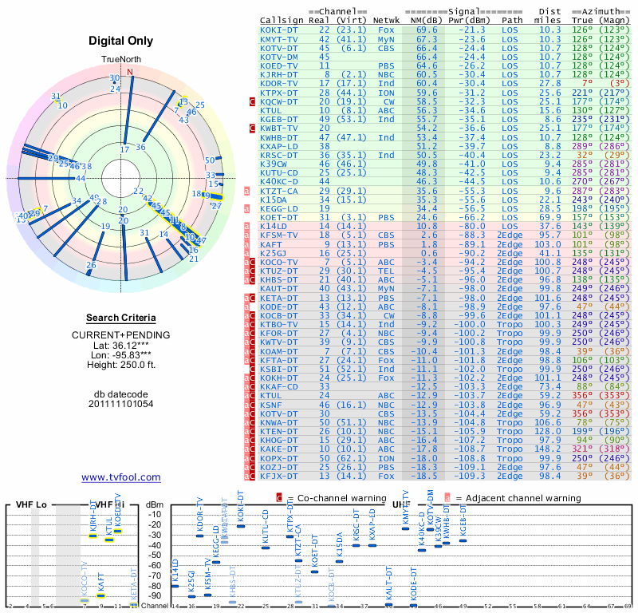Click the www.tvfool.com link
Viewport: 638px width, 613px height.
[x=121, y=477]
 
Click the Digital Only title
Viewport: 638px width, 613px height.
[x=121, y=41]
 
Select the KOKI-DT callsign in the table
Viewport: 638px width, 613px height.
[x=279, y=30]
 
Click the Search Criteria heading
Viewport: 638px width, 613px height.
[x=121, y=318]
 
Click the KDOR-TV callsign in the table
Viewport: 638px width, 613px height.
[x=279, y=83]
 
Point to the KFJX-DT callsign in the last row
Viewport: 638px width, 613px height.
[x=279, y=476]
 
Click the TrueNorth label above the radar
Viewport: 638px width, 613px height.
[x=121, y=60]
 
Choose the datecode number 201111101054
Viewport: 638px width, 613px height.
[x=121, y=404]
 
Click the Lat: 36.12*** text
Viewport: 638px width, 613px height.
[x=121, y=344]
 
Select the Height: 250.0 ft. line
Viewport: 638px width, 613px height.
[x=121, y=365]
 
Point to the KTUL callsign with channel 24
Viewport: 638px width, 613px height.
[x=272, y=395]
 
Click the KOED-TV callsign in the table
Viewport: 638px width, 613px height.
[x=279, y=65]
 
